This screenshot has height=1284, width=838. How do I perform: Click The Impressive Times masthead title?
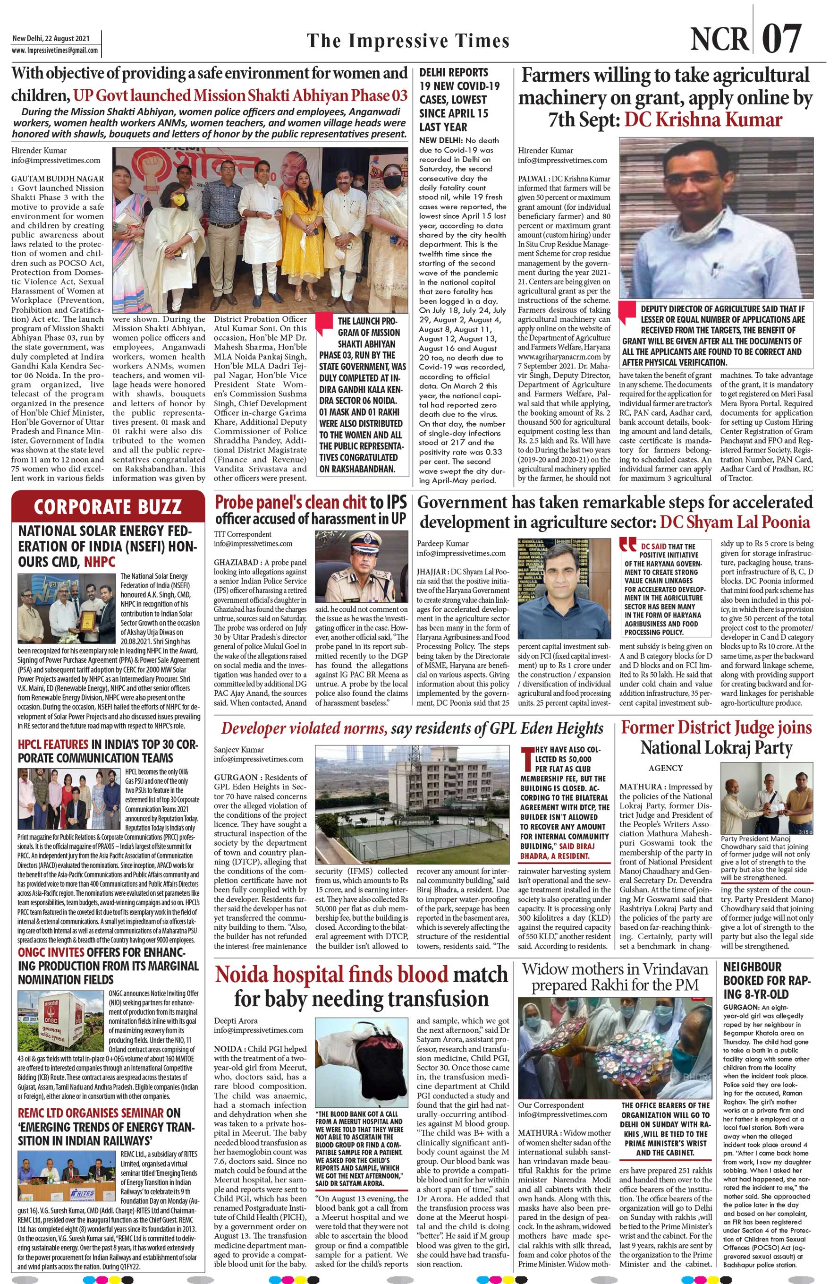(408, 41)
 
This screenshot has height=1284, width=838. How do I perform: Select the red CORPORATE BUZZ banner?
(107, 506)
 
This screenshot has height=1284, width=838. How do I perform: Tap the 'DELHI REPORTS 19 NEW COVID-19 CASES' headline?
(459, 99)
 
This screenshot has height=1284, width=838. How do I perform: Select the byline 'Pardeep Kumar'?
(443, 543)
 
